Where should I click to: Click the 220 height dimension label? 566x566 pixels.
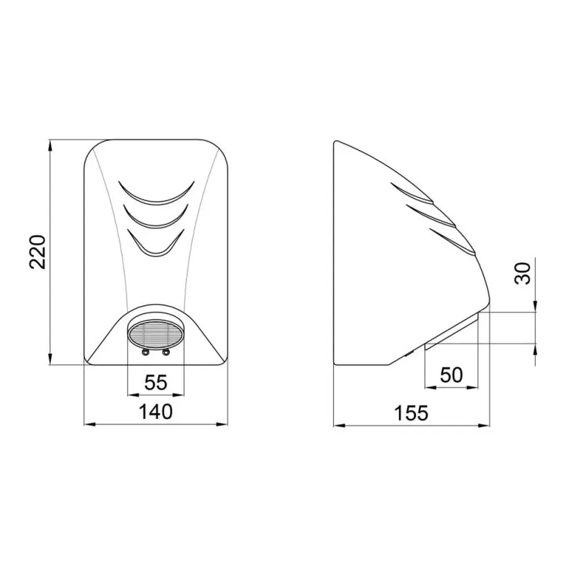(37, 252)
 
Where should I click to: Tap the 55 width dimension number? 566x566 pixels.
(156, 382)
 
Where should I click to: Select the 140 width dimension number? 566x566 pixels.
(156, 411)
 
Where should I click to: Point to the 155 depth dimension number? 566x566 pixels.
(411, 413)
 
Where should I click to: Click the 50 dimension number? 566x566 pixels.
(452, 375)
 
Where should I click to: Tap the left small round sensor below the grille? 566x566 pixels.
(145, 352)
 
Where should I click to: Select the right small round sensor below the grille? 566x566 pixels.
(166, 352)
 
